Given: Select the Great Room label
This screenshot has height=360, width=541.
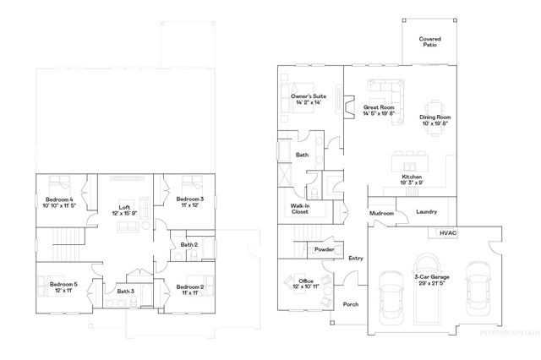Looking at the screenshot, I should pos(378,111).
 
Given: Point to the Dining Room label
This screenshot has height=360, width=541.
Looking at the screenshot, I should pos(437,119).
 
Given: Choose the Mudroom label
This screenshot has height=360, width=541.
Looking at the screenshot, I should pos(382,214).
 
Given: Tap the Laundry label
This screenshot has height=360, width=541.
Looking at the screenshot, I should pos(427,212).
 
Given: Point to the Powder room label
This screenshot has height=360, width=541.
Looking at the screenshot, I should pos(324,249).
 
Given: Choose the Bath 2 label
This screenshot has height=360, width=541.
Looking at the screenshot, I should pos(189,245).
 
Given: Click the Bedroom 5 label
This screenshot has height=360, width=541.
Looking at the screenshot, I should pos(63,287).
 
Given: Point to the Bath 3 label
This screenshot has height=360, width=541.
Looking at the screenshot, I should pos(126,292).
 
